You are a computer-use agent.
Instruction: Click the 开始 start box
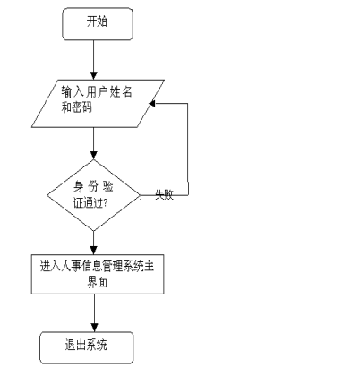[98, 24]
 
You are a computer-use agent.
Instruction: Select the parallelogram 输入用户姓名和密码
[98, 104]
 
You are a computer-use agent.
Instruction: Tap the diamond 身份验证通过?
[94, 195]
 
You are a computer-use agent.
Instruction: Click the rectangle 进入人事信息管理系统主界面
[98, 274]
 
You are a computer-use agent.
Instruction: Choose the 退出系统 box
[87, 347]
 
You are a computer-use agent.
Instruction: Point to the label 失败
[164, 194]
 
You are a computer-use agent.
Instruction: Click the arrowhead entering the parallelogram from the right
[152, 103]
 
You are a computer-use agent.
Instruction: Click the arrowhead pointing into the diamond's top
[94, 156]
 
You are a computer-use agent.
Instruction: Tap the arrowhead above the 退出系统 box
[95, 328]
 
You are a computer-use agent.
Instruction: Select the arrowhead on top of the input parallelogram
[94, 75]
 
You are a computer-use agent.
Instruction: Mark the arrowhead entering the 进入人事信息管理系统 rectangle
[94, 251]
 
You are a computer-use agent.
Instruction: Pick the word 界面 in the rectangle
[98, 282]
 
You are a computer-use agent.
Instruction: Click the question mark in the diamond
[105, 203]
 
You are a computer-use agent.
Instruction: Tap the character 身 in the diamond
[79, 187]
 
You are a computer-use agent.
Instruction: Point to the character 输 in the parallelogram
[66, 92]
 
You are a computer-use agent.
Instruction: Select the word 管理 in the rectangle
[112, 266]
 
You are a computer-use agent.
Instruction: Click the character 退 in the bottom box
[71, 345]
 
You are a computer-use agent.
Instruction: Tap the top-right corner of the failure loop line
[188, 103]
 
